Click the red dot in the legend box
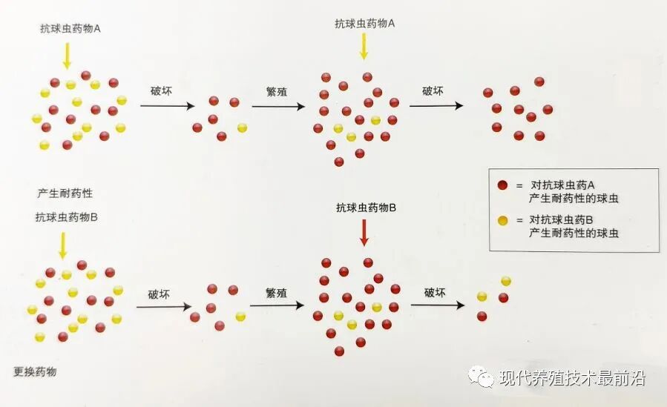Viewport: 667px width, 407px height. click(503, 185)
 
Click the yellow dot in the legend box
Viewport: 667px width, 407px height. click(503, 220)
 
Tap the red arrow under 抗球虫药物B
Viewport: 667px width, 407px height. click(364, 233)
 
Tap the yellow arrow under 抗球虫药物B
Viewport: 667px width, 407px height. click(63, 245)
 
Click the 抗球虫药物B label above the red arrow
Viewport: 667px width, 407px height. click(367, 208)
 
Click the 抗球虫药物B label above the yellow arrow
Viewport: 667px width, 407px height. click(66, 217)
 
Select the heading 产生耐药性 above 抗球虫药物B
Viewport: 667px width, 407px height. click(65, 193)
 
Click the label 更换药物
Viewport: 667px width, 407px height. click(35, 371)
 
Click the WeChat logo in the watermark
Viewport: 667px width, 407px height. click(481, 377)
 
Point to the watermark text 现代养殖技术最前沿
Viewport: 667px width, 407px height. click(573, 377)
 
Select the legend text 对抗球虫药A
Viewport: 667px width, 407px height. click(562, 185)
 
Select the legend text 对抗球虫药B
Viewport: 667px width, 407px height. click(561, 220)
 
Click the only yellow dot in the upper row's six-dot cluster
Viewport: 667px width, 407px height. click(242, 128)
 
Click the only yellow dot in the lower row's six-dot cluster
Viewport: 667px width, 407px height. click(240, 317)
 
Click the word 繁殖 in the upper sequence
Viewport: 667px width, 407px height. click(277, 92)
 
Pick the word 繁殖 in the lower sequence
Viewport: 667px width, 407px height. click(276, 293)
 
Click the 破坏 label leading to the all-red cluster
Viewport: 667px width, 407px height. click(433, 91)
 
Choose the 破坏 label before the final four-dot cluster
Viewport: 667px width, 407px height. click(435, 293)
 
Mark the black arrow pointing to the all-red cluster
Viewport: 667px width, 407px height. click(436, 106)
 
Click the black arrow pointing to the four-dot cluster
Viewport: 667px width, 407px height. click(437, 305)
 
